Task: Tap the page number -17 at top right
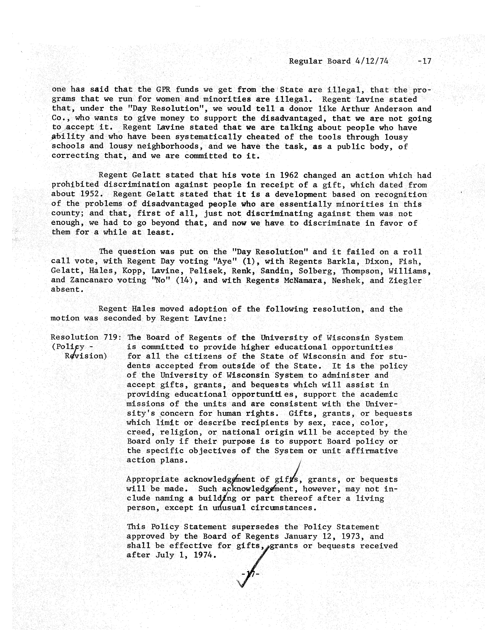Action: (424, 61)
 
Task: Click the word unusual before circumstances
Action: (229, 508)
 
